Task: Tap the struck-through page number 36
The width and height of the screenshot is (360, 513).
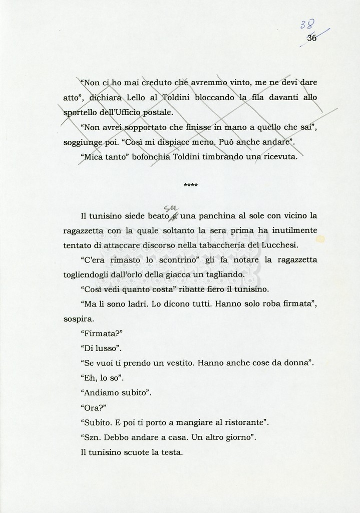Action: click(x=311, y=38)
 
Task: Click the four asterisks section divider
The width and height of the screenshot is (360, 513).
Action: click(x=191, y=186)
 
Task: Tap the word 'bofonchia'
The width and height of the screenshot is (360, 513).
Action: click(x=138, y=157)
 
